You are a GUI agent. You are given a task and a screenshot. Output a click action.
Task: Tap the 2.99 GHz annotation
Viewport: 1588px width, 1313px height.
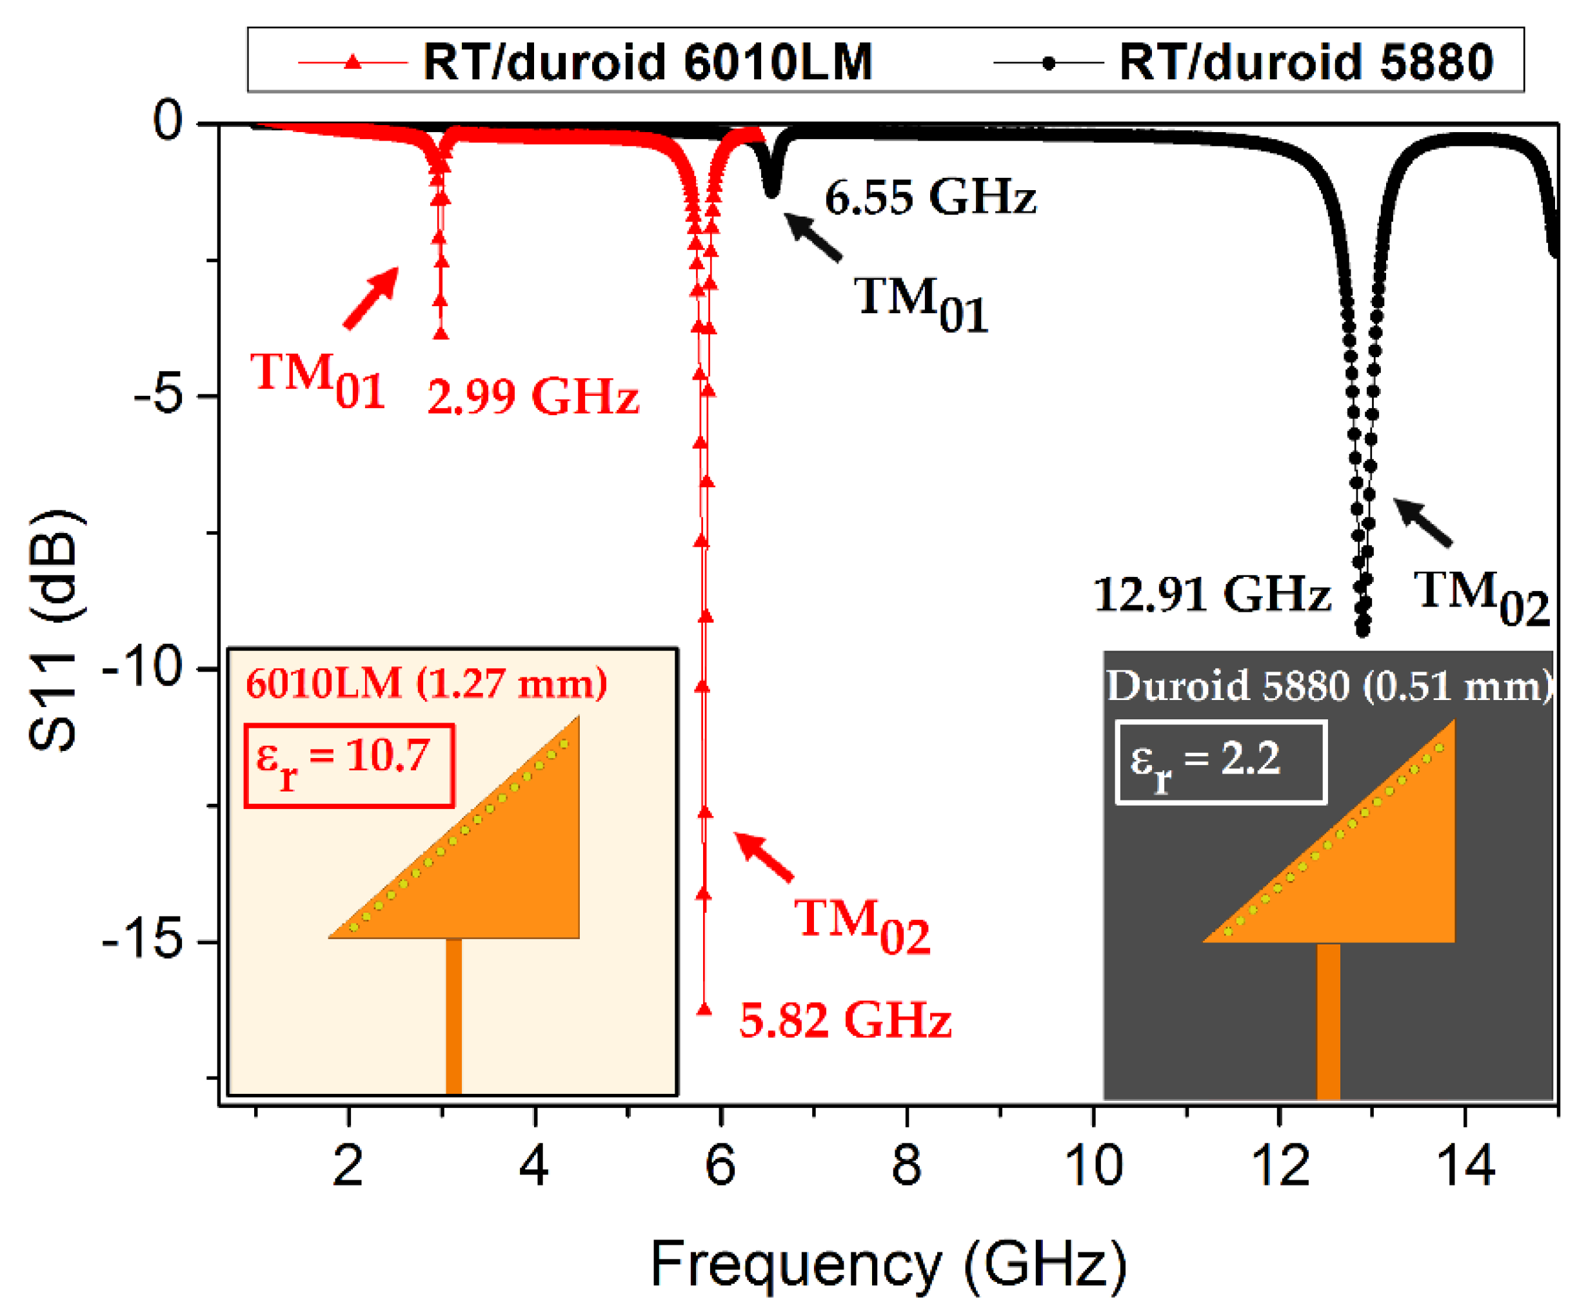[x=533, y=396]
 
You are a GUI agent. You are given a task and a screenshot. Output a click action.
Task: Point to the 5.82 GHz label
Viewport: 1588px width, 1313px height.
[x=845, y=1020]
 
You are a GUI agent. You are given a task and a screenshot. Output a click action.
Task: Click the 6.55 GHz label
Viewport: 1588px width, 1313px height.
[x=929, y=198]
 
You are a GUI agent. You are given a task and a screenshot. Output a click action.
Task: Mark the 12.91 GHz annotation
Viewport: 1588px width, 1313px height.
[x=1211, y=594]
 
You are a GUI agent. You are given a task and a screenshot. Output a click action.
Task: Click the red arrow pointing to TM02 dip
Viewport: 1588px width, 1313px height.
[x=764, y=857]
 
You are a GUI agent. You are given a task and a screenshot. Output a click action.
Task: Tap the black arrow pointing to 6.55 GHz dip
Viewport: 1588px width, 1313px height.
[x=813, y=237]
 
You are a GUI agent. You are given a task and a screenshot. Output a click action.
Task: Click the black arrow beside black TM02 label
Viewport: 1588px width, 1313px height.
[x=1422, y=521]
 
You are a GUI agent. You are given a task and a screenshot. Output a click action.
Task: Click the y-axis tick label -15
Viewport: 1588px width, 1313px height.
[x=143, y=940]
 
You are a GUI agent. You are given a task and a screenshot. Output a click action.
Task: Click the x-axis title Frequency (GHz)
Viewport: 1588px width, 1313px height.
[x=889, y=1264]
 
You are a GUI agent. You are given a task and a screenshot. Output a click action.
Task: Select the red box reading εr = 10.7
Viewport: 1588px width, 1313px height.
[x=348, y=765]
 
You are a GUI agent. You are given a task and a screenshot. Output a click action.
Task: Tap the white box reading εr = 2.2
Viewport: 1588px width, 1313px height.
[x=1220, y=761]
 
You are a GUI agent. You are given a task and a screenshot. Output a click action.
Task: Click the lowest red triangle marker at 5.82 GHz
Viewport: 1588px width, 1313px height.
[x=704, y=1010]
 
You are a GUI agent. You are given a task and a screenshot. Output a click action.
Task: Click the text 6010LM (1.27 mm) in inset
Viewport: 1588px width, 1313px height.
[x=426, y=683]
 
